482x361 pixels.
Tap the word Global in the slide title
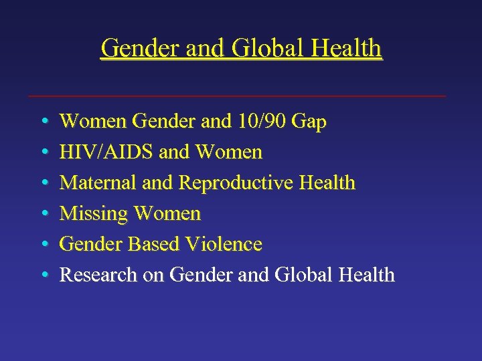(261, 48)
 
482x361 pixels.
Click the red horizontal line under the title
(238, 96)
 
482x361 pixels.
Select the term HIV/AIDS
(107, 152)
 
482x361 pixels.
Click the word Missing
(94, 214)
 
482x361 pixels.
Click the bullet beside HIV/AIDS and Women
(43, 153)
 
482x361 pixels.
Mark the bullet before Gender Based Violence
(43, 245)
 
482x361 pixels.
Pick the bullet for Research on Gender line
(43, 275)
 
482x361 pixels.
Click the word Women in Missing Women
(167, 214)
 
